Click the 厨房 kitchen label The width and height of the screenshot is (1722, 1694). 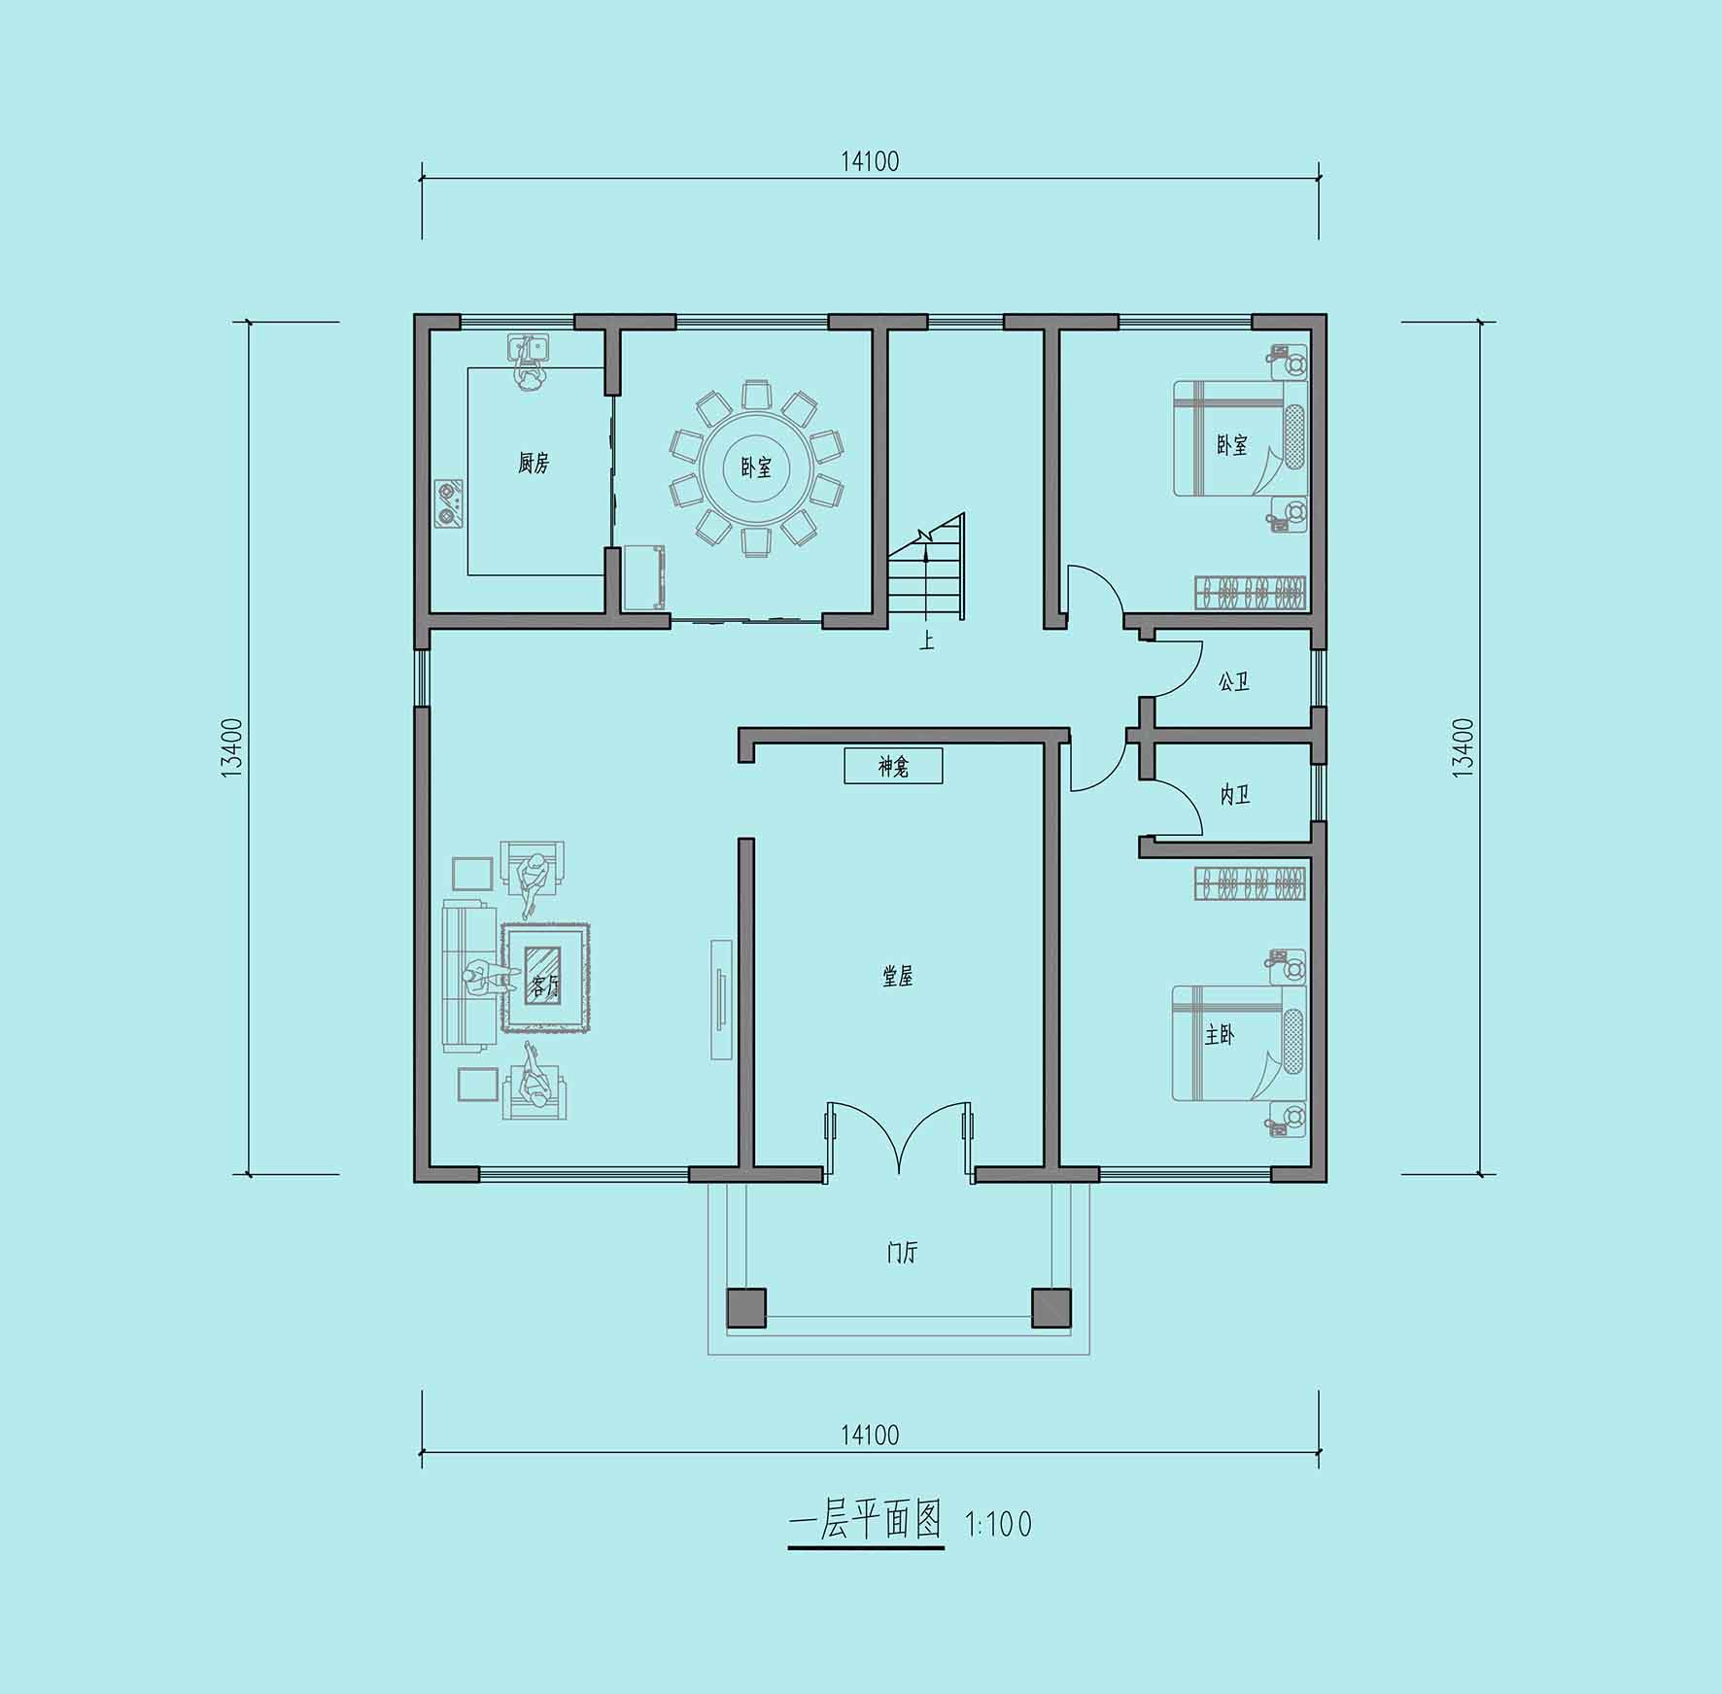click(x=534, y=463)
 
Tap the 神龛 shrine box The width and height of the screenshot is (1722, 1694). click(x=893, y=766)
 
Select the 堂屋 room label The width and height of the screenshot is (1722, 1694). click(x=897, y=976)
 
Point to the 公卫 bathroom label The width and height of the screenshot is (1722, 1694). click(x=1233, y=681)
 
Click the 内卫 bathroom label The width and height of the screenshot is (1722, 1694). click(x=1234, y=794)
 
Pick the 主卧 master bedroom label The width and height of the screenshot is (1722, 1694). click(x=1219, y=1035)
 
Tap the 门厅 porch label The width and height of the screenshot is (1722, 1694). click(x=902, y=1252)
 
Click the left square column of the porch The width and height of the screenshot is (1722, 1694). click(x=746, y=1307)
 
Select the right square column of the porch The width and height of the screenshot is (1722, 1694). click(x=1050, y=1307)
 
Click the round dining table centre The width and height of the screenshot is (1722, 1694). click(x=756, y=468)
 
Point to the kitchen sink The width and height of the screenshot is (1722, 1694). click(x=528, y=348)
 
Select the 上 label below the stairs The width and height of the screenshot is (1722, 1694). click(x=927, y=640)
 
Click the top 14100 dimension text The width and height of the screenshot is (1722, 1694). click(x=870, y=161)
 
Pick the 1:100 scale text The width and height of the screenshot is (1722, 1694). click(x=998, y=1524)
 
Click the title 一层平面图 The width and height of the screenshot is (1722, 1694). click(x=865, y=1520)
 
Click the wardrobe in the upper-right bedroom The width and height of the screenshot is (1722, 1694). click(x=1250, y=591)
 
